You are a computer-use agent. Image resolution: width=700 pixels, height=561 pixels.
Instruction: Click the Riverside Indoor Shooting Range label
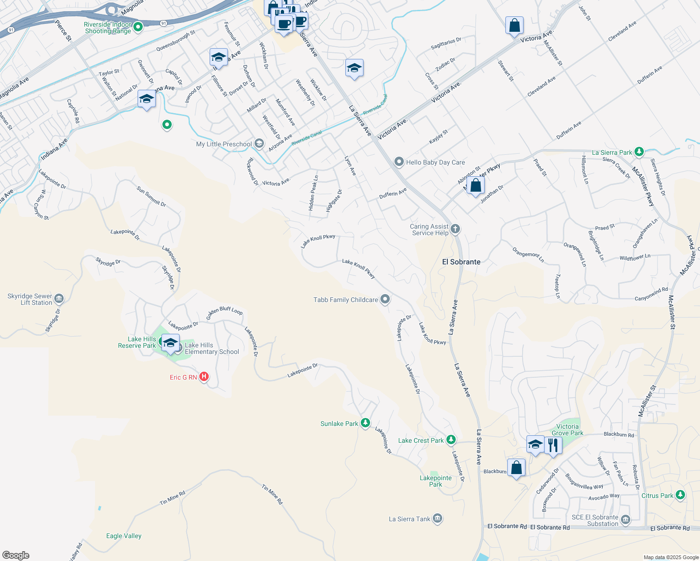108,28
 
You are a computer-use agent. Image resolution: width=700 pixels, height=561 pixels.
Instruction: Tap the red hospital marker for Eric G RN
204,376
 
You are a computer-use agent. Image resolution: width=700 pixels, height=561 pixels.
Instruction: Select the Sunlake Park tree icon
365,423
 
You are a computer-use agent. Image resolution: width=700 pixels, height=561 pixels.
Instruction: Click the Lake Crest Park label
421,440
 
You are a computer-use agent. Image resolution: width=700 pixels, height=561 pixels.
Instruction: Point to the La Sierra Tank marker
437,518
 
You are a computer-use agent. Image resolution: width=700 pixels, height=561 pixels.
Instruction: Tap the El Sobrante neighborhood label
461,262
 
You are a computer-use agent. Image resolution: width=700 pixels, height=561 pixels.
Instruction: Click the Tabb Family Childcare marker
385,299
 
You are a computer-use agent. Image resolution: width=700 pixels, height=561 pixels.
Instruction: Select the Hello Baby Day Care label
435,162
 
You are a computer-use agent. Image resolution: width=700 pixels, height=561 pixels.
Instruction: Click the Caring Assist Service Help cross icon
455,229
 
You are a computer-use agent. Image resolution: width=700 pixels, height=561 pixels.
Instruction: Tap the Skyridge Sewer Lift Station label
30,299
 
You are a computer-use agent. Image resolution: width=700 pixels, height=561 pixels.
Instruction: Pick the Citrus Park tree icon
681,495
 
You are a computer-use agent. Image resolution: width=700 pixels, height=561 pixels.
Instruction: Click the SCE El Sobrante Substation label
595,520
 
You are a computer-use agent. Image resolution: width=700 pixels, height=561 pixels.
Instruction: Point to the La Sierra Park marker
639,152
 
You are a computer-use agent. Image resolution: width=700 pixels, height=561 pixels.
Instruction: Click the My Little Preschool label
224,144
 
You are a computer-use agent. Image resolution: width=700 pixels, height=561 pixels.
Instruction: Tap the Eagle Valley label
124,536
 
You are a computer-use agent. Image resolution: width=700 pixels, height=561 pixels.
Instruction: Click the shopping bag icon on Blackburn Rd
516,467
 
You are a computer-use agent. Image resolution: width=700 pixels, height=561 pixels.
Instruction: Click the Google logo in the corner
16,555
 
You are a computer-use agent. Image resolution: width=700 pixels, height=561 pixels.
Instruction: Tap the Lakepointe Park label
436,481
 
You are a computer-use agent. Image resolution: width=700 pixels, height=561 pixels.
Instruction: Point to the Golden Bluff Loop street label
225,310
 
